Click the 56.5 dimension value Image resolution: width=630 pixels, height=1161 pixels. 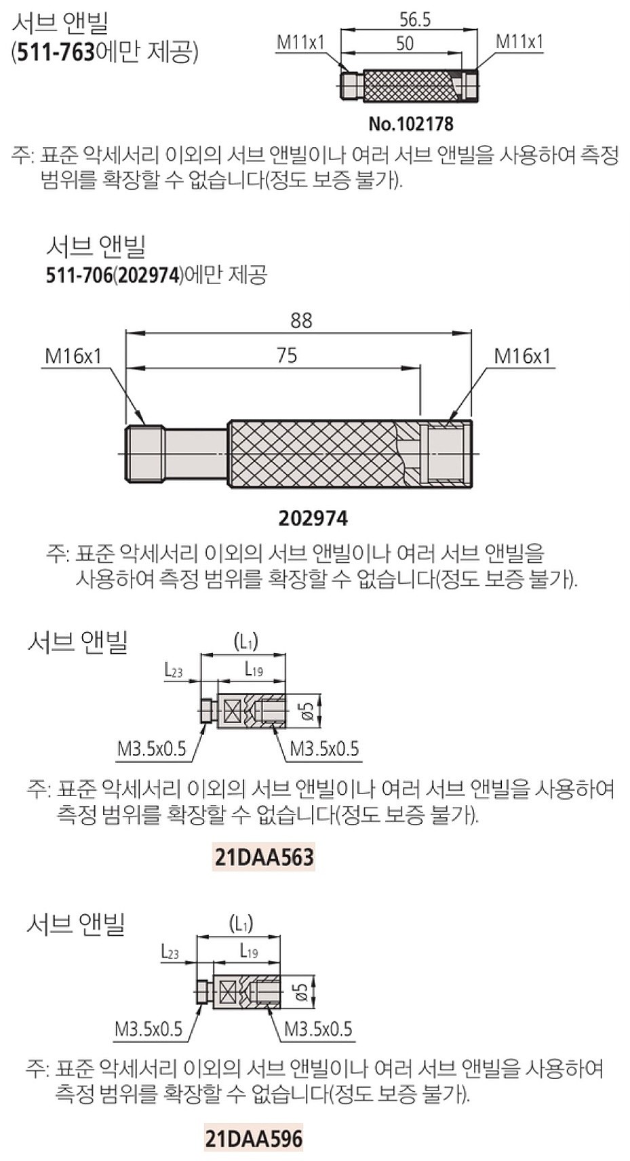(414, 20)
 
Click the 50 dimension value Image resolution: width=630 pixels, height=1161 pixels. (404, 43)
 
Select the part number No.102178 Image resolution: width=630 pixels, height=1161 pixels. (410, 124)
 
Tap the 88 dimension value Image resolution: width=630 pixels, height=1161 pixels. (301, 320)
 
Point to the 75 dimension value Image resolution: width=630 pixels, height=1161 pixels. (287, 355)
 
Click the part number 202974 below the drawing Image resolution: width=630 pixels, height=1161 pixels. (313, 519)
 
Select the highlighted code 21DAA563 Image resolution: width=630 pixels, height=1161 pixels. (264, 857)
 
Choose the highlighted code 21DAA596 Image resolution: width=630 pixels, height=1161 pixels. (254, 1139)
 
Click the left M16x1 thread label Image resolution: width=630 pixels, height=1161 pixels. (73, 356)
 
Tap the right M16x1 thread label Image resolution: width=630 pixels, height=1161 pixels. (522, 356)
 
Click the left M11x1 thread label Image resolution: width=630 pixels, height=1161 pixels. (300, 43)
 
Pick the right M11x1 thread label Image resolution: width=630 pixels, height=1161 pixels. (519, 41)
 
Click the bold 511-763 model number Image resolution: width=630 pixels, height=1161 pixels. (56, 52)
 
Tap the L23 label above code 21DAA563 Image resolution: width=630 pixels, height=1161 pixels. (174, 671)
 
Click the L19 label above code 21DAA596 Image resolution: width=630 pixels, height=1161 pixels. (249, 952)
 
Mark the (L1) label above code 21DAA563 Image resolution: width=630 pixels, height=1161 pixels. (245, 641)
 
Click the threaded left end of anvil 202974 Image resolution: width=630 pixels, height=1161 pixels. (144, 454)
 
